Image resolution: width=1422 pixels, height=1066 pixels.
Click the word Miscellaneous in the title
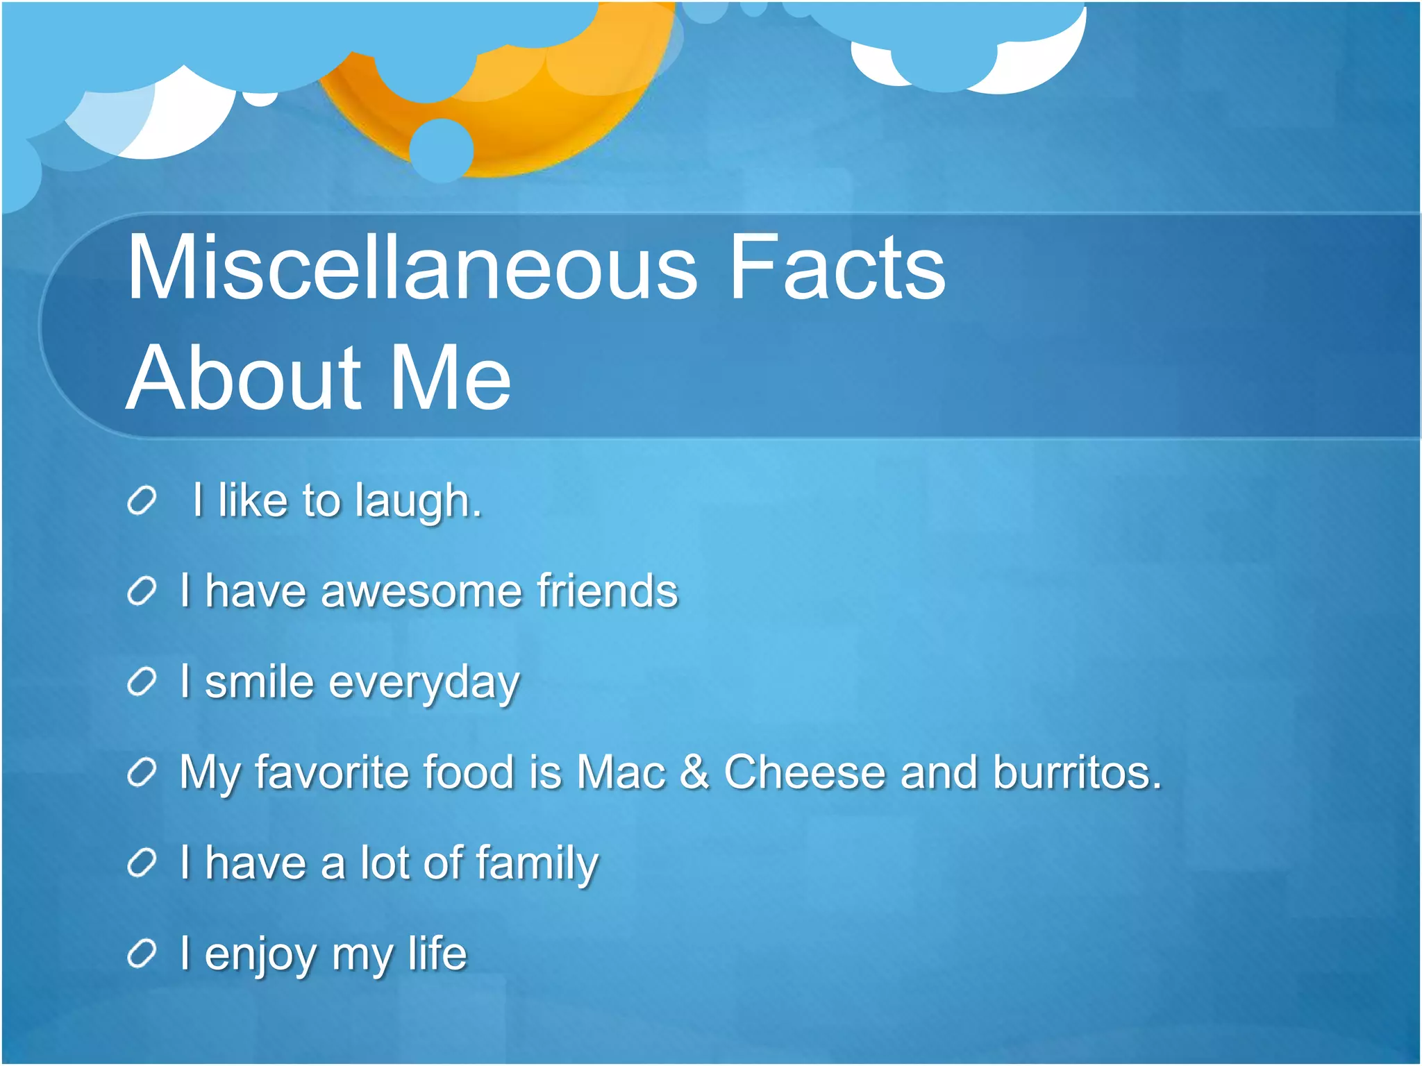pyautogui.click(x=412, y=267)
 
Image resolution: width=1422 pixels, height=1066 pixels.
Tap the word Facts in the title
pyautogui.click(x=837, y=267)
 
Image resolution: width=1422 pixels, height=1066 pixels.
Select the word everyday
pyautogui.click(x=424, y=684)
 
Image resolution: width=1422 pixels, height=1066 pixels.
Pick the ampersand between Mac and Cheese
pyautogui.click(x=694, y=772)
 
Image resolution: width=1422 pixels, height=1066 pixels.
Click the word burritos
pyautogui.click(x=1076, y=772)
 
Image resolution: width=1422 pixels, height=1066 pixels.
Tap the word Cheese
pyautogui.click(x=805, y=772)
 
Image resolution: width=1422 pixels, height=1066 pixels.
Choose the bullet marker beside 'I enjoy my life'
pyautogui.click(x=142, y=954)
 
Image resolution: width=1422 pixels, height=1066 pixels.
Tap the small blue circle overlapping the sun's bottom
pyautogui.click(x=442, y=150)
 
